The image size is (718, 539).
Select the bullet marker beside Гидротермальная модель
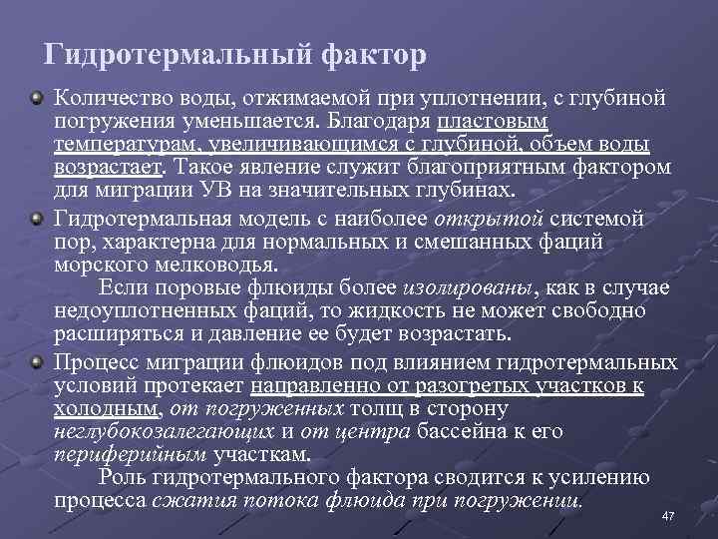click(37, 217)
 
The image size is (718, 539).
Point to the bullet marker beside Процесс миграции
click(37, 360)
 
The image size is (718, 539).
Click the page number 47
click(669, 516)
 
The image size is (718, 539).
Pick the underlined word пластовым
click(493, 122)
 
